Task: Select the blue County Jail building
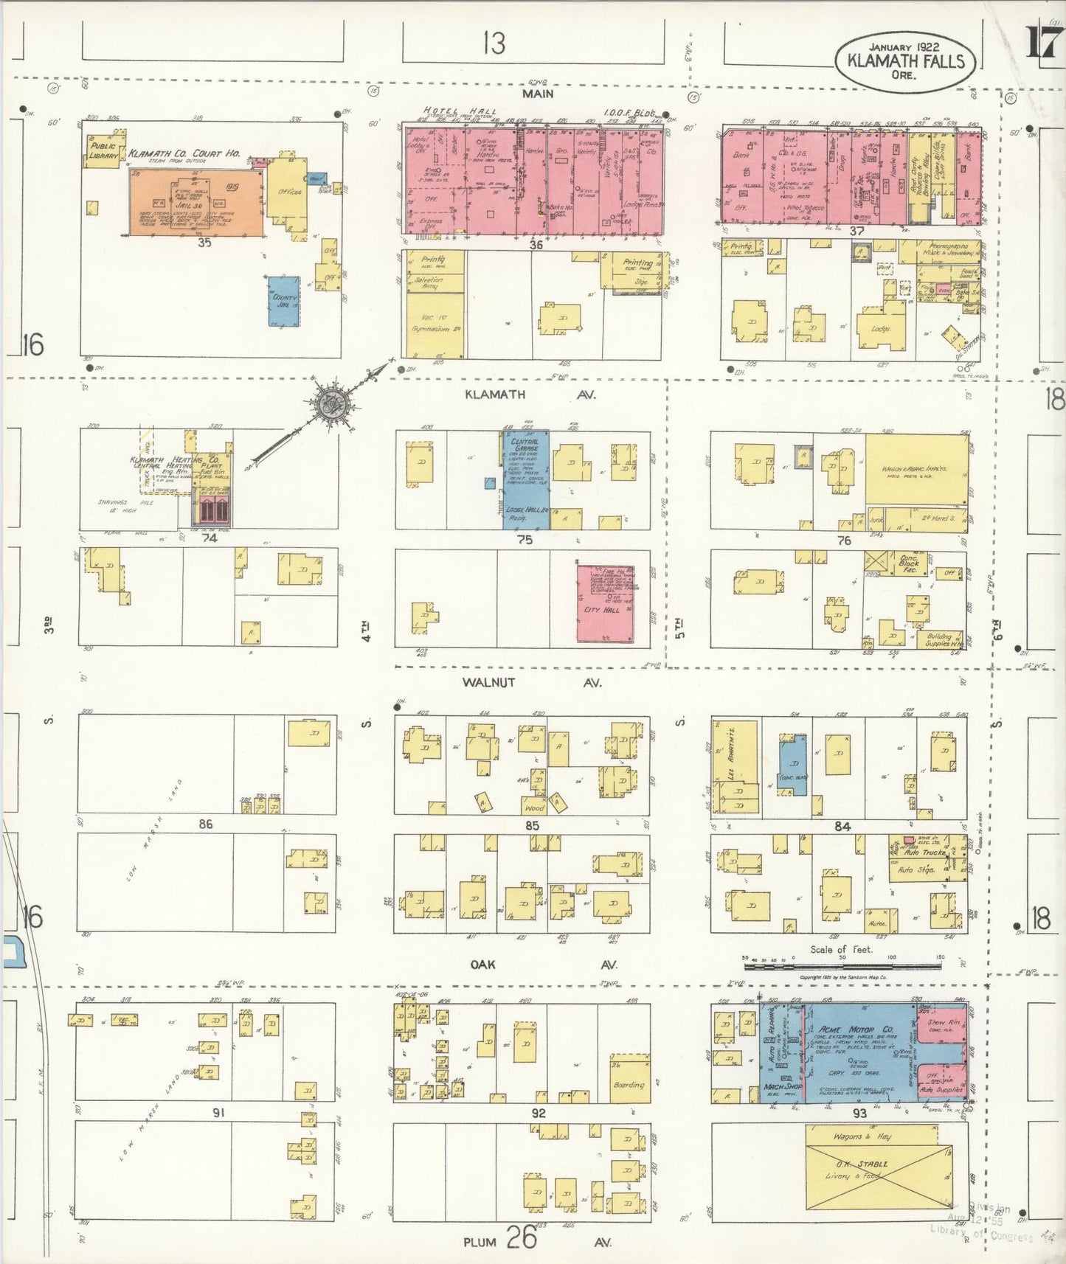(x=284, y=302)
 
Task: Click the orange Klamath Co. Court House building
(x=197, y=203)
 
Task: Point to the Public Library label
(x=103, y=150)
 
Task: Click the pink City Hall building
(x=605, y=603)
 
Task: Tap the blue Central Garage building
(x=526, y=480)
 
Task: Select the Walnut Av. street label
(x=530, y=683)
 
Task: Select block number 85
(x=532, y=825)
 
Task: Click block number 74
(x=210, y=538)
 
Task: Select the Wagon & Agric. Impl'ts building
(x=917, y=469)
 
